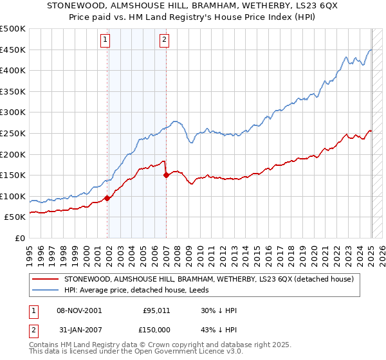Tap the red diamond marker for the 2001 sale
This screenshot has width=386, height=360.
(x=107, y=198)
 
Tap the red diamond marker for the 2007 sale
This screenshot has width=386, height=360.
(x=166, y=175)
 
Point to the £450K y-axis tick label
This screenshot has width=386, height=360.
(x=13, y=50)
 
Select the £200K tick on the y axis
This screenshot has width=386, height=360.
(x=13, y=154)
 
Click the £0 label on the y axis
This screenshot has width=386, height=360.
(x=19, y=238)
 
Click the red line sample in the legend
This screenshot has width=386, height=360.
(x=46, y=279)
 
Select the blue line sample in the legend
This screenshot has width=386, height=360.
(x=46, y=290)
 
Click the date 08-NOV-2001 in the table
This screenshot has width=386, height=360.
(x=80, y=310)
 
